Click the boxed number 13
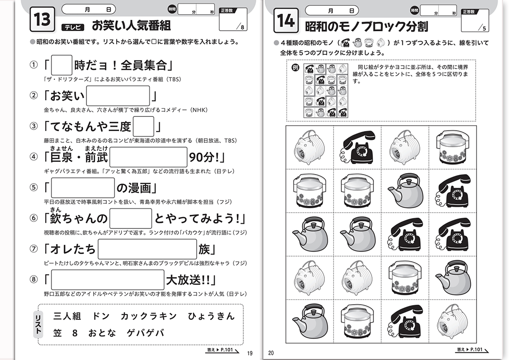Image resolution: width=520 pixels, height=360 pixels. coord(42,19)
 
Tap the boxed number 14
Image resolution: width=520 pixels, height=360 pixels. coord(286,20)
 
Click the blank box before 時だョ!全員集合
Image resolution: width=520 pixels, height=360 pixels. coord(61,65)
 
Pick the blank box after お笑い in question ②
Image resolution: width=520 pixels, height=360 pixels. coord(118,96)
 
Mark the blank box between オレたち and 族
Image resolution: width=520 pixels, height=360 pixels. coord(147,249)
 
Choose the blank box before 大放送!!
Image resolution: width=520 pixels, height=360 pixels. coord(108,280)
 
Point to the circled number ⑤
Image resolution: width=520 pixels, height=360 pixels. coord(34,187)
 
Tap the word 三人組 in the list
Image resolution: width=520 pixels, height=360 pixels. coord(67,316)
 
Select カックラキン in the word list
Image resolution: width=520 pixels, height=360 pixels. coord(149,316)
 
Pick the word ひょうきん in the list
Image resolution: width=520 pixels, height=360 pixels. coord(211,316)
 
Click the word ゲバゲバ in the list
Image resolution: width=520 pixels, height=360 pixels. coord(146,333)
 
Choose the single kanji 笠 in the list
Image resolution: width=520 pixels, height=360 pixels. coord(58,333)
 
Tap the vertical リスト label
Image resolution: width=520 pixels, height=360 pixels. coord(38,325)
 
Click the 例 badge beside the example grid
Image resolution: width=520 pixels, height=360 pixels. coord(295,68)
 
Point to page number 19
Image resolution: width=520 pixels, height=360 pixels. coord(250,353)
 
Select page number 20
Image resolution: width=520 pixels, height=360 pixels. coord(271,353)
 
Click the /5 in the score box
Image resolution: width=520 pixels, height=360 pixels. coord(483,28)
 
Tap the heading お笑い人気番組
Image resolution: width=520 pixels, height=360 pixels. coord(131,26)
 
